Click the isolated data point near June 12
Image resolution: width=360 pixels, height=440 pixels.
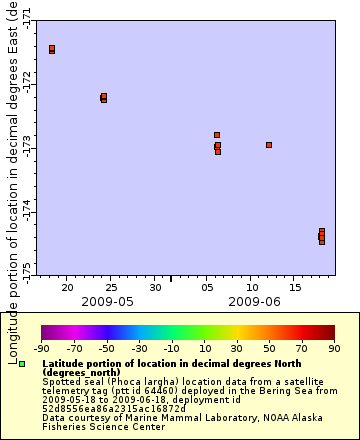(269, 145)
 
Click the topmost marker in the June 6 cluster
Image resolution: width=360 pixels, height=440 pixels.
(217, 135)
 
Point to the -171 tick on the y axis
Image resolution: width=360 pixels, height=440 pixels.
(26, 17)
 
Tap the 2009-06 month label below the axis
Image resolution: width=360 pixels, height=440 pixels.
(254, 301)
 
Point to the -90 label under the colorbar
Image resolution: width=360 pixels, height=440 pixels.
(42, 348)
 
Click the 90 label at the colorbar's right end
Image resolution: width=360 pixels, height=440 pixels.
(334, 348)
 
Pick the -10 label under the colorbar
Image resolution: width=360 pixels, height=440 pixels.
(172, 348)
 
